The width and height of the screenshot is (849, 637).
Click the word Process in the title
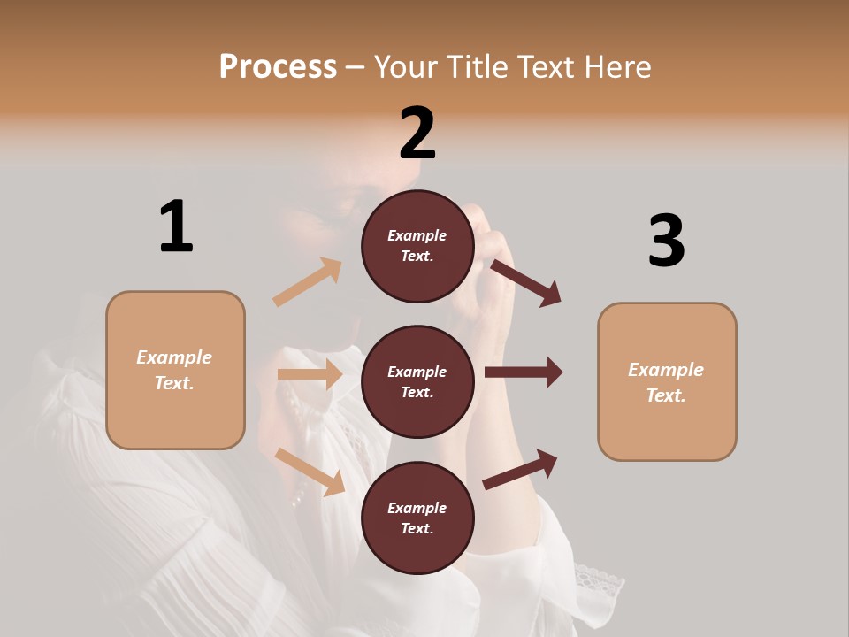(278, 67)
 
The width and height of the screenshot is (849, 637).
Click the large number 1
(176, 226)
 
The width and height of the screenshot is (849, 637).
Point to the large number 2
(417, 134)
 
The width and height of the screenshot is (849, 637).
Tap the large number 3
(666, 241)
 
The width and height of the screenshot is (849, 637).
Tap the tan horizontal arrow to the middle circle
(310, 374)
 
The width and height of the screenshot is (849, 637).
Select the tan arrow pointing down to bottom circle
(310, 472)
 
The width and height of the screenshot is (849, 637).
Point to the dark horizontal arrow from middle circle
(524, 372)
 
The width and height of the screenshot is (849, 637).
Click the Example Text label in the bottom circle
(417, 518)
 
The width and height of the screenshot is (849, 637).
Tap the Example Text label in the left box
(174, 370)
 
